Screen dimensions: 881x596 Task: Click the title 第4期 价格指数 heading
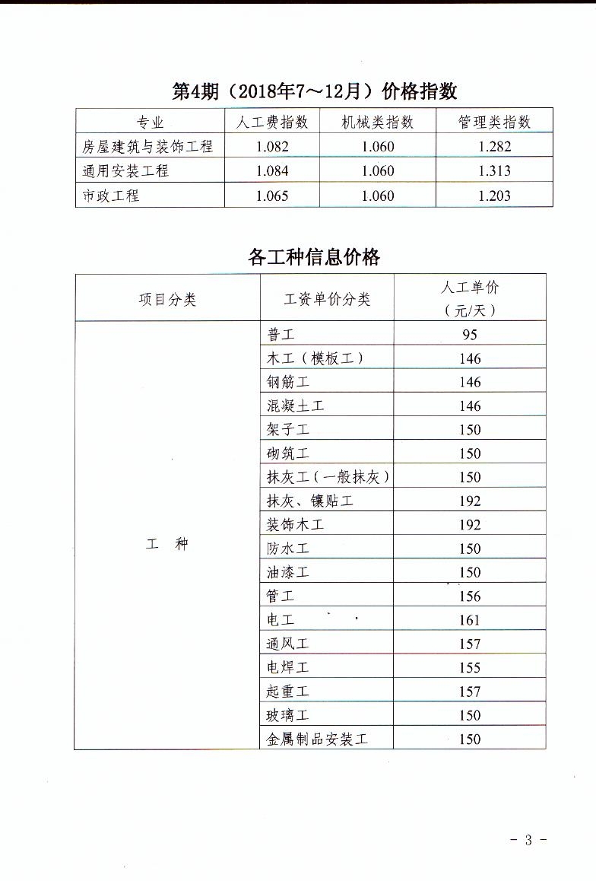pyautogui.click(x=315, y=91)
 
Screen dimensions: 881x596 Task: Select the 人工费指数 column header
pyautogui.click(x=271, y=122)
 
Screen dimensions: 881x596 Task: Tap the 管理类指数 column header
pyautogui.click(x=494, y=122)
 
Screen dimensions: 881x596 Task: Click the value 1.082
pyautogui.click(x=272, y=147)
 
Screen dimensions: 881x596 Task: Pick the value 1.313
pyautogui.click(x=495, y=171)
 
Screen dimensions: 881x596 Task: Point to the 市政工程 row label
pyautogui.click(x=112, y=196)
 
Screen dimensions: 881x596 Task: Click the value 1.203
pyautogui.click(x=495, y=196)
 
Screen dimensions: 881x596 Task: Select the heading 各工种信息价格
pyautogui.click(x=314, y=256)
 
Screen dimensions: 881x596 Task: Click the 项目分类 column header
pyautogui.click(x=167, y=299)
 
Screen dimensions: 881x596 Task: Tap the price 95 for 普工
pyautogui.click(x=470, y=335)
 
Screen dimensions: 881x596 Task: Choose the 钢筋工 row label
pyautogui.click(x=288, y=382)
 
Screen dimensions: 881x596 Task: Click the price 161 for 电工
pyautogui.click(x=470, y=620)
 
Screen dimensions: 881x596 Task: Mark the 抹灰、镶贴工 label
pyautogui.click(x=310, y=501)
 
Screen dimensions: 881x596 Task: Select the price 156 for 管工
pyautogui.click(x=470, y=596)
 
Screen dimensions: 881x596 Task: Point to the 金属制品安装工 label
pyautogui.click(x=317, y=739)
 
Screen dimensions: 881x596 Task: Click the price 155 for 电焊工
pyautogui.click(x=470, y=667)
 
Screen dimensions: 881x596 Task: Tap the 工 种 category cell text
pyautogui.click(x=166, y=545)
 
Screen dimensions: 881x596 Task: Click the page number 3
pyautogui.click(x=528, y=840)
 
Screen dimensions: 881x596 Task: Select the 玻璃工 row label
pyautogui.click(x=288, y=715)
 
